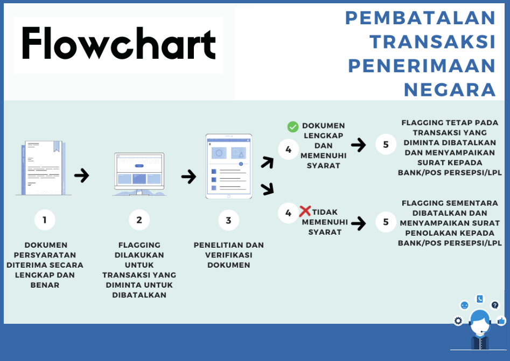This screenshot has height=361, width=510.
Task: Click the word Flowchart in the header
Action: click(x=118, y=43)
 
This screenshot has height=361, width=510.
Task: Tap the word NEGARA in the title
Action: click(x=450, y=90)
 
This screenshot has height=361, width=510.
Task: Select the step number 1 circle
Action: click(x=45, y=220)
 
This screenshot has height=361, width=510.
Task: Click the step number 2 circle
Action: click(x=139, y=220)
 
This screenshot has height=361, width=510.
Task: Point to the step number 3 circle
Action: click(x=229, y=220)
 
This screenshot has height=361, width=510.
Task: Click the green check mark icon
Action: click(x=293, y=127)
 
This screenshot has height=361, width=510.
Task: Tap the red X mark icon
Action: click(x=305, y=211)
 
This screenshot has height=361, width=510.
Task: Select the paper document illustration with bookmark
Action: click(x=44, y=168)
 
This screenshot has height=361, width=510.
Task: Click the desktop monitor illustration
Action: click(x=139, y=174)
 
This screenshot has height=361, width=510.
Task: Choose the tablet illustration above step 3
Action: click(x=229, y=166)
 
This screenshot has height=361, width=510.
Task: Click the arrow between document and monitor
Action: click(x=82, y=175)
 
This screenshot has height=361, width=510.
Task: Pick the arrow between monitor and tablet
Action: click(x=189, y=177)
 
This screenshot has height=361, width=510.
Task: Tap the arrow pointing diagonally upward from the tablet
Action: click(x=267, y=162)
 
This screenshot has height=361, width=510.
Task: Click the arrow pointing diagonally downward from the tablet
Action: click(x=267, y=189)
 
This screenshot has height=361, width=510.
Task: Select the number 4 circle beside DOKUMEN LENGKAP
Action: click(x=289, y=149)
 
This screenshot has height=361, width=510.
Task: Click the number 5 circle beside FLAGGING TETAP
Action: click(x=386, y=144)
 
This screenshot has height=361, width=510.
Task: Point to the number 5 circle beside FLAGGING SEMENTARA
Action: click(x=386, y=222)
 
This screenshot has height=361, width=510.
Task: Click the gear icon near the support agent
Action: click(x=458, y=321)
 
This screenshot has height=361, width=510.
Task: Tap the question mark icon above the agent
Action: click(x=495, y=305)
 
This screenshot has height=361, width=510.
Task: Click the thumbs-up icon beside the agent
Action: click(x=501, y=321)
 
